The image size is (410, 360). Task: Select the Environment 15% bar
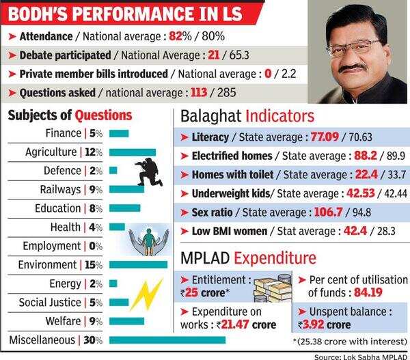tap(138, 264)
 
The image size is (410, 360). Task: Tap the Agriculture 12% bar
tap(133, 152)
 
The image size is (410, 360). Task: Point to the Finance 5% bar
tap(118, 133)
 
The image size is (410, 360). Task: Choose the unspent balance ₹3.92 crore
tap(332, 325)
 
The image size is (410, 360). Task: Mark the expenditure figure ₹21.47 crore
tap(246, 325)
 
